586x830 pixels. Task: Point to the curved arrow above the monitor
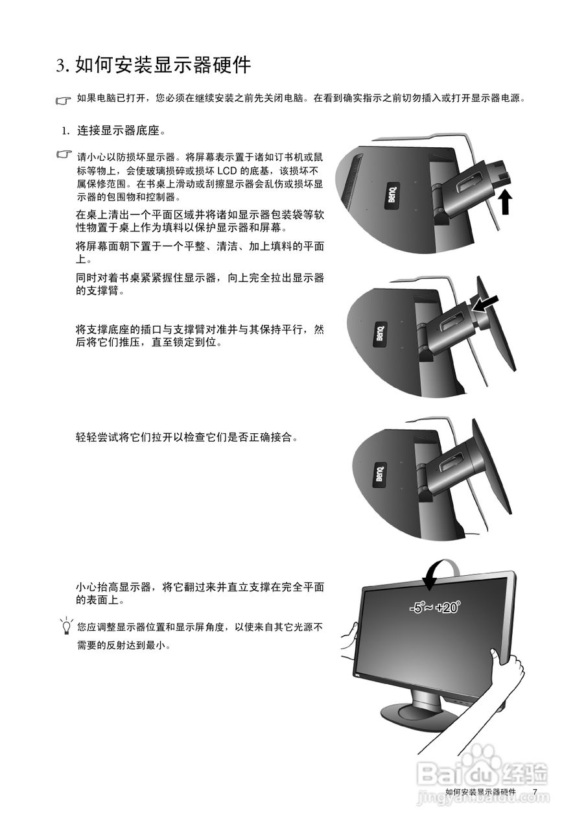pos(440,570)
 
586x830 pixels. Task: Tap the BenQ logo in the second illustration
pos(381,333)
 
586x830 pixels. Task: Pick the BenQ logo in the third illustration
pos(379,475)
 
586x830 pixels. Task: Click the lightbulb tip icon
pos(65,626)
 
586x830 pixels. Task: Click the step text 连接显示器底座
pos(121,131)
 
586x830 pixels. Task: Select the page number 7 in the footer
pos(535,792)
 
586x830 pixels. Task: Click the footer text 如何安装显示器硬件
pos(480,792)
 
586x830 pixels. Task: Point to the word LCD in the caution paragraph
pos(226,171)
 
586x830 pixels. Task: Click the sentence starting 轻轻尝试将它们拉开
pos(188,437)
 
